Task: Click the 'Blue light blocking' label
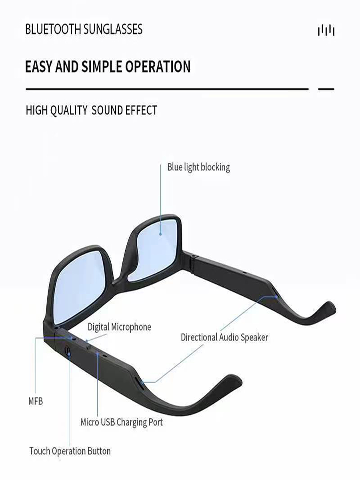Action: point(198,167)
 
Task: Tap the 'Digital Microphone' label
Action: point(119,327)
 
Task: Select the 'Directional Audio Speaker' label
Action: point(224,337)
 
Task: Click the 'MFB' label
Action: point(35,401)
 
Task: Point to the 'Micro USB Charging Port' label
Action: point(122,422)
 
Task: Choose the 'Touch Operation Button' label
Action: point(70,451)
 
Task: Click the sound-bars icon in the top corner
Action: point(326,30)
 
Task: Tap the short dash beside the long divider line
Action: point(326,89)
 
